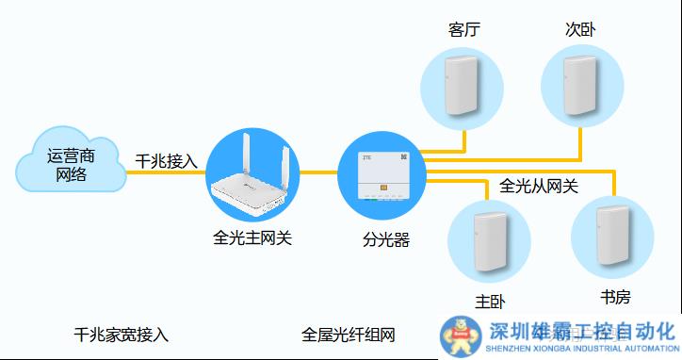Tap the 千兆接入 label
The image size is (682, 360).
point(167,161)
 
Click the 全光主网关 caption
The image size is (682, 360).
point(252,238)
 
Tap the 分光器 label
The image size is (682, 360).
point(386,239)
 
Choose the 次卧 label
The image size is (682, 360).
point(581,28)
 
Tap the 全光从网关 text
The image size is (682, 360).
point(539,186)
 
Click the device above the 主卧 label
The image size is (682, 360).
point(488,235)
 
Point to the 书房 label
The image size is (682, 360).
point(615,297)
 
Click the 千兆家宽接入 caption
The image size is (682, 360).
point(122,335)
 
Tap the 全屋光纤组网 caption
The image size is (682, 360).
point(349,335)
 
